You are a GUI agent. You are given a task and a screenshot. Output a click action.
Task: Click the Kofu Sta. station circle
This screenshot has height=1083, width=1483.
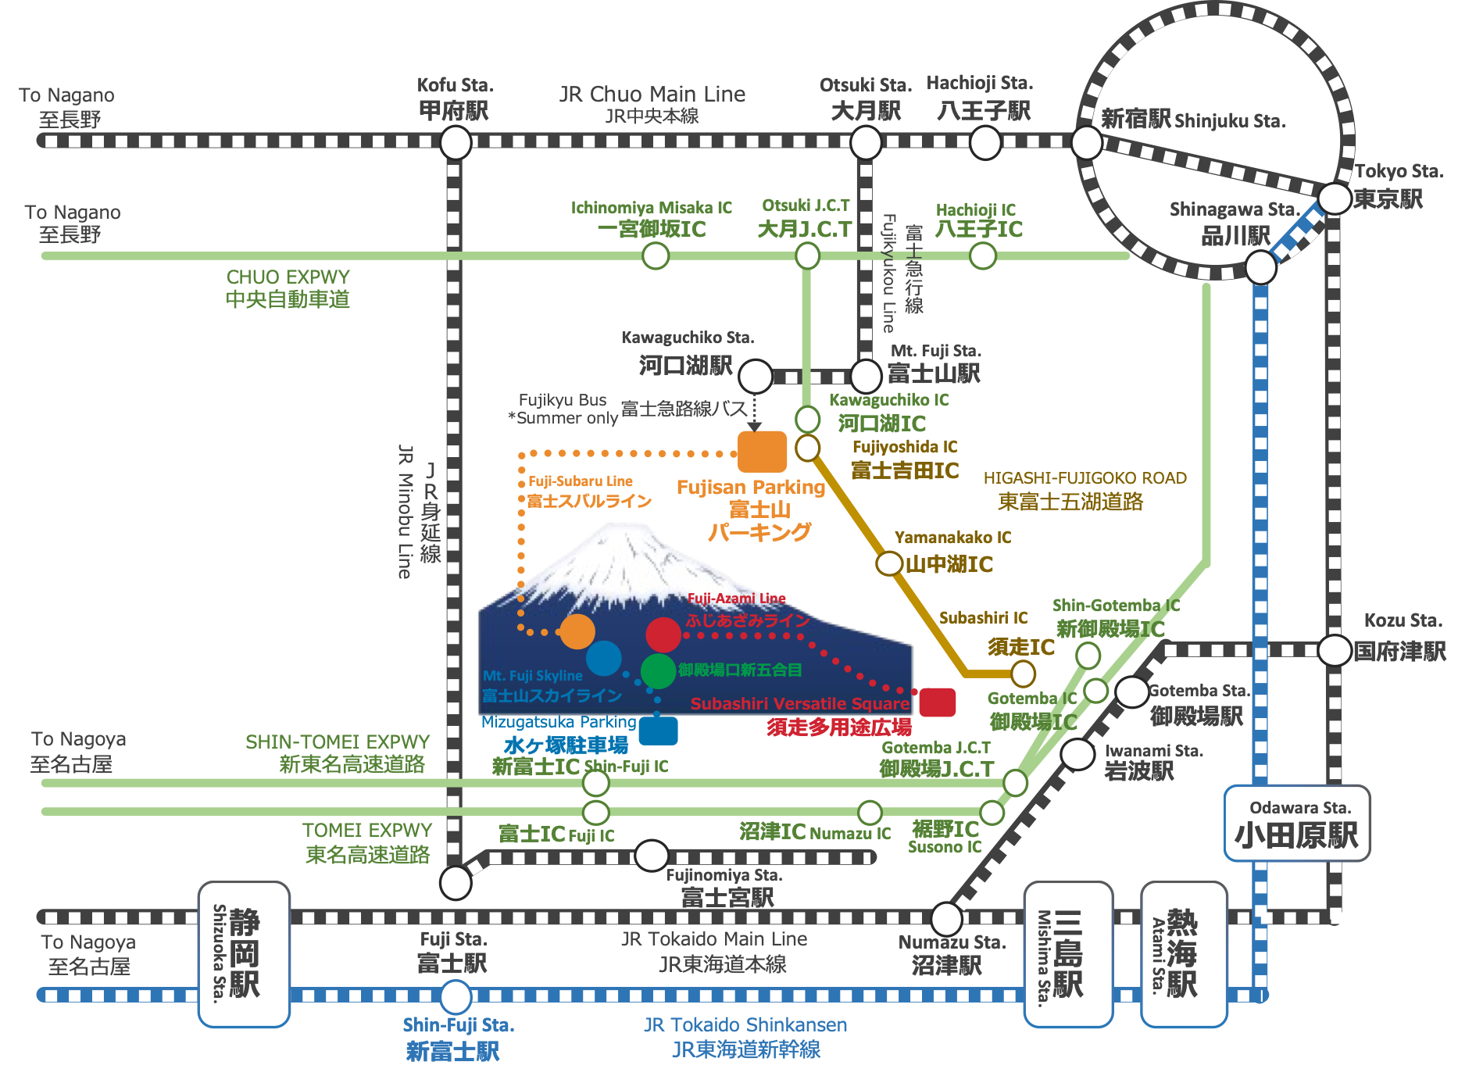456,142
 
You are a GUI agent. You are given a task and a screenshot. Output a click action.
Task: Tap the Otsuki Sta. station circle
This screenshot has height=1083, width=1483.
866,142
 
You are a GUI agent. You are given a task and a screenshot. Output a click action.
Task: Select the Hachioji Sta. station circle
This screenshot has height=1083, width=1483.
984,142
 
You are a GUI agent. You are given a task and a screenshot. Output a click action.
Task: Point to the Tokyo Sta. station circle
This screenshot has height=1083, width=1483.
1335,198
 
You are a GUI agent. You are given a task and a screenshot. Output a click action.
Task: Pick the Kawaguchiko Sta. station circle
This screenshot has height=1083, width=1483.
756,377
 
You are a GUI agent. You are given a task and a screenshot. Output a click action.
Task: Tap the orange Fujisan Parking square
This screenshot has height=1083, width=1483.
763,452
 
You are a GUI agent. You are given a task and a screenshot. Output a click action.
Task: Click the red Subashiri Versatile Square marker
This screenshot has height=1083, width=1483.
937,702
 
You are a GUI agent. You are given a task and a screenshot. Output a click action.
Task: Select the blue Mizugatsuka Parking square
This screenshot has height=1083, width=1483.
658,731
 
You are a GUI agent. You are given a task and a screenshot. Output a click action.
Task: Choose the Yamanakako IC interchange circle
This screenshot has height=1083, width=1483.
888,563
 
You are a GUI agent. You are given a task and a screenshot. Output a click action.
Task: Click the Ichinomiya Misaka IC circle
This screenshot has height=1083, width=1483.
656,256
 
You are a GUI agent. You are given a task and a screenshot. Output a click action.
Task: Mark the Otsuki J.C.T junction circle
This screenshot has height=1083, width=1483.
807,256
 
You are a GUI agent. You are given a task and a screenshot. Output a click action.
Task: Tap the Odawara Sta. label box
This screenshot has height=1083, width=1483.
1297,824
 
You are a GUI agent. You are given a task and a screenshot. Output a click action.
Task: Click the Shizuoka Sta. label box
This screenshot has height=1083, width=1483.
244,953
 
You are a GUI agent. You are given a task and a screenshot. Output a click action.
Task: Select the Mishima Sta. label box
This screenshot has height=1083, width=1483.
1068,953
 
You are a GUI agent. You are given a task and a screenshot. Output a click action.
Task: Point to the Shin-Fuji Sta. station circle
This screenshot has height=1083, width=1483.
456,996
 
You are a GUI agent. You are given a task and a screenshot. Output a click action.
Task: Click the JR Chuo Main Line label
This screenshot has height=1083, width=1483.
652,95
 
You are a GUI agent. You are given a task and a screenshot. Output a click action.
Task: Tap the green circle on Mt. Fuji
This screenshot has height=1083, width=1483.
658,670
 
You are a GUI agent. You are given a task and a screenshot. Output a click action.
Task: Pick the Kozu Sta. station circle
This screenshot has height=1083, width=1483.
1335,650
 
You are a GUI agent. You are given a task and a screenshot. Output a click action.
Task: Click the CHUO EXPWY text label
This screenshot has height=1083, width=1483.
288,277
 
